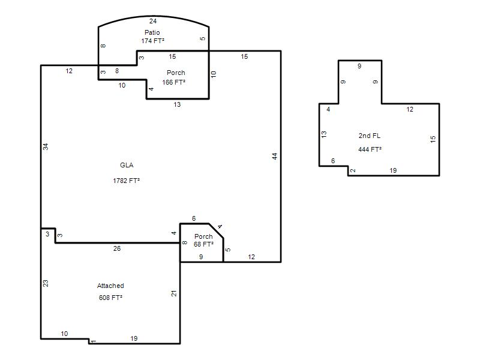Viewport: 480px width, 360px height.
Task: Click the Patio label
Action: coord(152,32)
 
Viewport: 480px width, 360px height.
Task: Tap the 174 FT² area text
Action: coord(152,41)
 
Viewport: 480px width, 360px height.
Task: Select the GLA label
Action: coord(127,166)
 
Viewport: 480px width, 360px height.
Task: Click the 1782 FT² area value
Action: coord(126,181)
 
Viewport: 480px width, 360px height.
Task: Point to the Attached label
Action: coord(110,286)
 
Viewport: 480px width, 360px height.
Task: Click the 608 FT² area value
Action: coord(110,298)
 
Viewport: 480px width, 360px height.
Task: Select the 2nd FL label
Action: coord(370,136)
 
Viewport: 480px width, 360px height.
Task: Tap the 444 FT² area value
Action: coord(370,149)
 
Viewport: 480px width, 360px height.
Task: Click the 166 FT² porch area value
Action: coord(173,82)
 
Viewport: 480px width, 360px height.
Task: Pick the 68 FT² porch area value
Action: coord(203,244)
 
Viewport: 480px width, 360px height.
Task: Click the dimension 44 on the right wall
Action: coord(275,156)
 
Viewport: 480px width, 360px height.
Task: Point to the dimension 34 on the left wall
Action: coord(46,146)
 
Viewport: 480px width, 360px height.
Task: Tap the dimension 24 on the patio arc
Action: coord(153,21)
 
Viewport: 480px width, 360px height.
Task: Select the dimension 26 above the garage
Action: coord(117,248)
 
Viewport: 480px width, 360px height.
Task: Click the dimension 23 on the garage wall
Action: coord(46,283)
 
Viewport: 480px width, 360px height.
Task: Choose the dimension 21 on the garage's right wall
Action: coord(174,293)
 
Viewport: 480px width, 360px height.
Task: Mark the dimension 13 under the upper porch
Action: coord(177,104)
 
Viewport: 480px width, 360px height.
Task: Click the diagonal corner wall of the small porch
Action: coord(216,231)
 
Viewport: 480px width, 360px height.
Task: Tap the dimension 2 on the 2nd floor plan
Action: coord(353,170)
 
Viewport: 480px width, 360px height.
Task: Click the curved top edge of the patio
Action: coord(154,16)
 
